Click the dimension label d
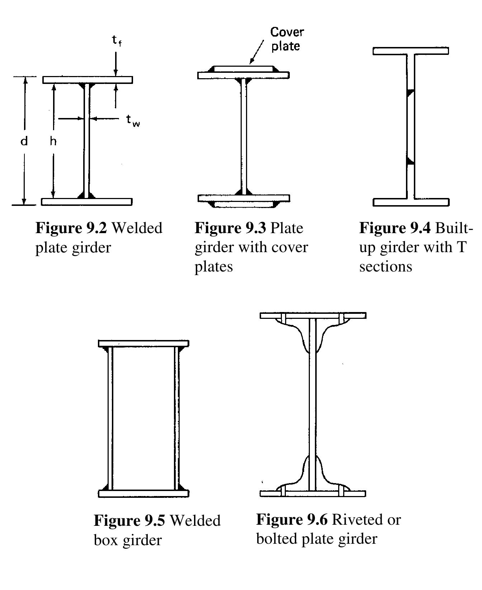(x=24, y=141)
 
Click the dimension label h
(x=53, y=141)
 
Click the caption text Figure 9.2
(x=71, y=228)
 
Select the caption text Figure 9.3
(x=230, y=228)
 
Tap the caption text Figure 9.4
(x=395, y=228)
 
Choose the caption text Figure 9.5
(x=129, y=520)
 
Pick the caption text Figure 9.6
(x=292, y=519)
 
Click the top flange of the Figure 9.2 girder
(x=88, y=80)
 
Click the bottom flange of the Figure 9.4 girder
(x=411, y=202)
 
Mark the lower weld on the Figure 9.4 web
(x=410, y=161)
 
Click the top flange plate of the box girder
(x=143, y=344)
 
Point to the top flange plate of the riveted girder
(x=313, y=316)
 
